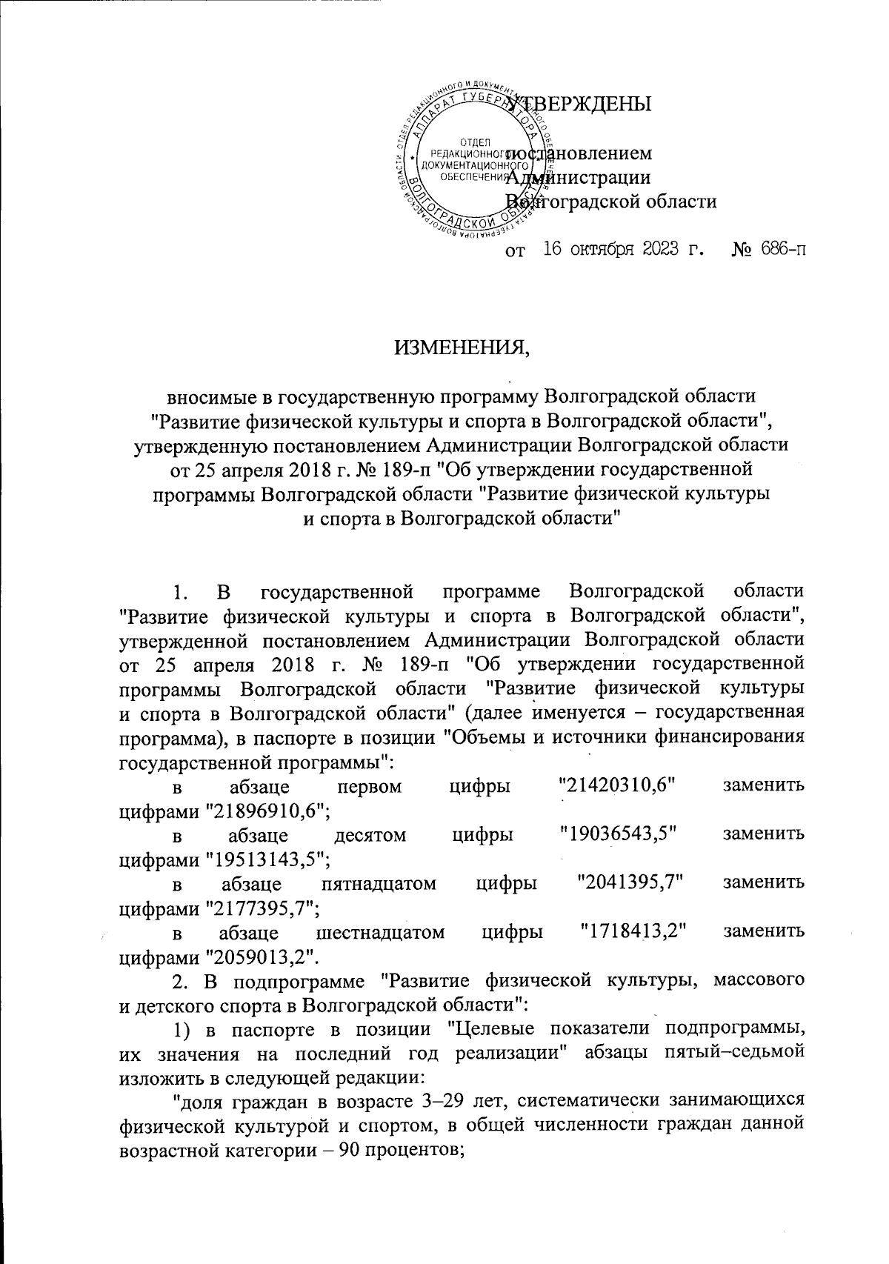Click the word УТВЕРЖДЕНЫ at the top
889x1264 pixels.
pos(585,104)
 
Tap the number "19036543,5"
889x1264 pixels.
pos(620,835)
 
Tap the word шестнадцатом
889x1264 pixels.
pos(380,932)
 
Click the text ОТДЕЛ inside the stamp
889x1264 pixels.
pos(471,142)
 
